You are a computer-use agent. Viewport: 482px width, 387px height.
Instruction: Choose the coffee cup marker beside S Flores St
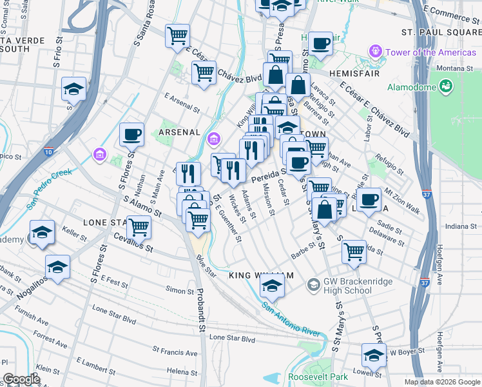[132, 135]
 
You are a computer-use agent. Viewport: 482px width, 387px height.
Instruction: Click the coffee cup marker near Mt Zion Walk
[369, 200]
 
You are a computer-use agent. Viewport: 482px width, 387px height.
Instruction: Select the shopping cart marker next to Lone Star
[139, 228]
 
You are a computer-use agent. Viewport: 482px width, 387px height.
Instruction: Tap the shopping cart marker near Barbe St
[354, 251]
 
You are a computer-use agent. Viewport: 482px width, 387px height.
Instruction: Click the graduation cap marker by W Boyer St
[374, 355]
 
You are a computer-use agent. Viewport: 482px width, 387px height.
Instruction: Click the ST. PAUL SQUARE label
[441, 32]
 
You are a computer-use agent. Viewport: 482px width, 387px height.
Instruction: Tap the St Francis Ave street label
[175, 353]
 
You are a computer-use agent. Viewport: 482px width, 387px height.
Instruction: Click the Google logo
[21, 380]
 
